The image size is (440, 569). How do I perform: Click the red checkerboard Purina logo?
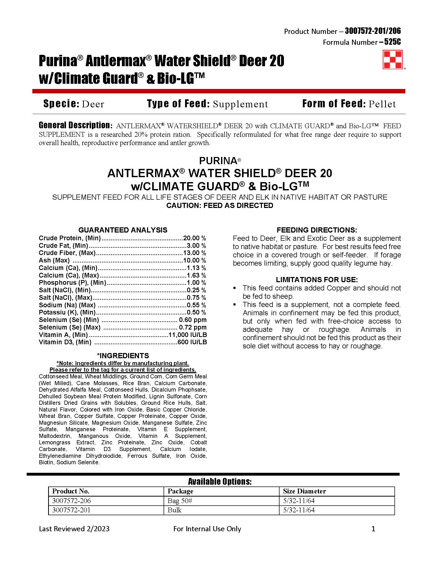coord(393,60)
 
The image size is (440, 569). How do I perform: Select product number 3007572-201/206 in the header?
coord(373,31)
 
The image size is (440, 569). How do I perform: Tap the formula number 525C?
coord(392,42)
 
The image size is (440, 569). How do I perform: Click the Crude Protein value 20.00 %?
coord(194,238)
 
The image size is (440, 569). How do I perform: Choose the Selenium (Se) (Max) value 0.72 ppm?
coord(193,327)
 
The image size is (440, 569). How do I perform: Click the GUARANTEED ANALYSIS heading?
coord(123,230)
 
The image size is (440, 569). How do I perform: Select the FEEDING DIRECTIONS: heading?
coord(317,230)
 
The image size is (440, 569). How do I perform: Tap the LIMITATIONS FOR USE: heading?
coord(317,280)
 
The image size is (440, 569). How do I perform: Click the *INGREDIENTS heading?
coord(123,356)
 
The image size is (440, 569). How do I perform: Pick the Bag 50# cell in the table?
coord(180,500)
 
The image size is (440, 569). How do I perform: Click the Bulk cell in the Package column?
coord(174,510)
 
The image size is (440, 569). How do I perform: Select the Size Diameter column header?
coord(304,491)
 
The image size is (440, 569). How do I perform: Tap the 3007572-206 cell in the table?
coord(71,500)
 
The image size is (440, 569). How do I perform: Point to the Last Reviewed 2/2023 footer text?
coord(74,529)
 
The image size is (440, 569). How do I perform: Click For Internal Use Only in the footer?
coord(207,529)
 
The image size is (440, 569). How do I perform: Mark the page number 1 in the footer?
coord(373,529)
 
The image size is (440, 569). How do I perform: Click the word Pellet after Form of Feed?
coord(382,104)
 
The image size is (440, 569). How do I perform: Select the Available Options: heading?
coord(220,482)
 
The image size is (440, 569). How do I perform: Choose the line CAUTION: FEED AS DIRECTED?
coord(220,206)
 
